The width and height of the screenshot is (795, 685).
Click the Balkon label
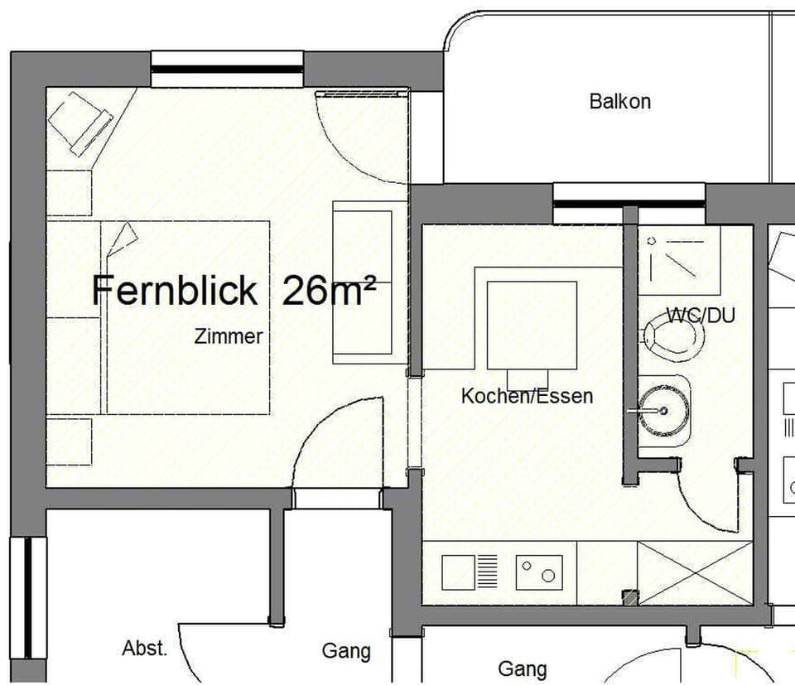619,102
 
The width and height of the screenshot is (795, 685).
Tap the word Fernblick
174,291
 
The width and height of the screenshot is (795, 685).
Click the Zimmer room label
229,337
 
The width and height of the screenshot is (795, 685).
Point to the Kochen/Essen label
527,396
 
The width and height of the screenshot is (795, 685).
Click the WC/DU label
701,316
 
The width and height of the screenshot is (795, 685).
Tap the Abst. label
144,649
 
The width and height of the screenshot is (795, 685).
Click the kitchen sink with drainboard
470,572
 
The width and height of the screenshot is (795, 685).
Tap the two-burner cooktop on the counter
539,572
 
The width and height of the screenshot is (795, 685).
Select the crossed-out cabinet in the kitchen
694,572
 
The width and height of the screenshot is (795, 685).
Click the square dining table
532,325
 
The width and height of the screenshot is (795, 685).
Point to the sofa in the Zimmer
362,282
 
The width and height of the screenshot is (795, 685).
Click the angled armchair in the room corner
80,123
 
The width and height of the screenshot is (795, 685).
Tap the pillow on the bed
123,239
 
